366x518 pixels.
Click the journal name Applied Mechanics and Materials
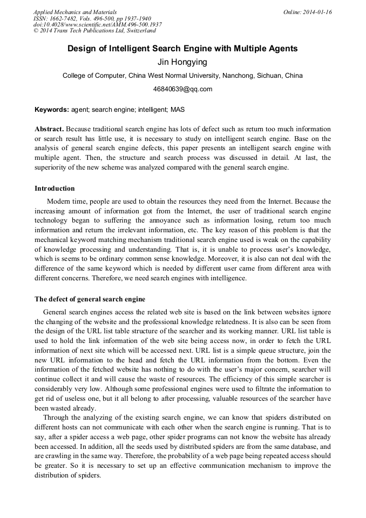tap(74, 11)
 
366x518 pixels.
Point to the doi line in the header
tap(97, 24)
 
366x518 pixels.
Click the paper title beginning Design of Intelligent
tap(182, 49)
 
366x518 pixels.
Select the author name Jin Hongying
tap(182, 62)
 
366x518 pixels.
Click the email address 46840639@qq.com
tap(182, 89)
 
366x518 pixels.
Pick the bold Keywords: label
tap(52, 110)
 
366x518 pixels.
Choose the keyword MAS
tap(178, 110)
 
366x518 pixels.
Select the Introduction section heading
tap(55, 189)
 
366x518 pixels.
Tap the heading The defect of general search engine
tap(90, 299)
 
